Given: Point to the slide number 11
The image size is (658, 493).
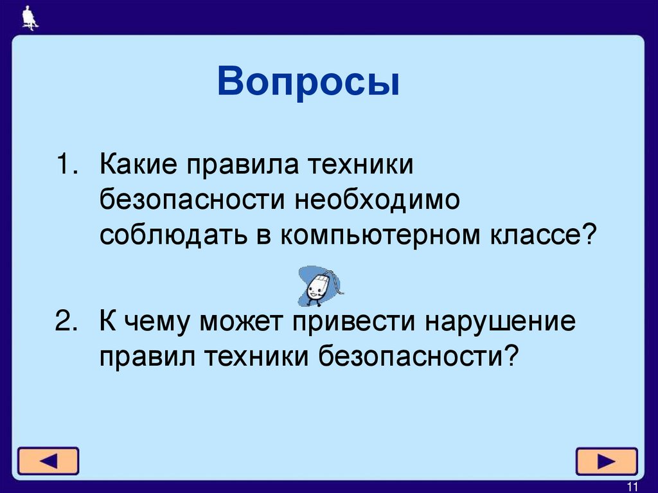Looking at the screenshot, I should click(632, 485).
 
